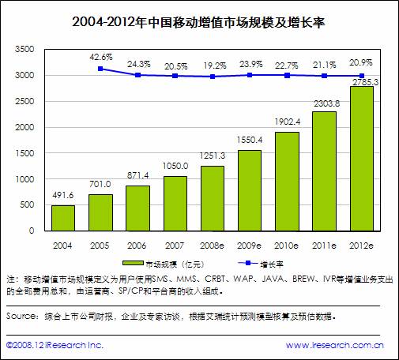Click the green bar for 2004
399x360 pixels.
(x=63, y=218)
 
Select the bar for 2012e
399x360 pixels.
(x=362, y=159)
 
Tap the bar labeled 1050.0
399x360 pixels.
(x=175, y=204)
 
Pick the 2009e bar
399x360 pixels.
(x=250, y=191)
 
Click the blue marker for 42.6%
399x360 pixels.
(x=100, y=69)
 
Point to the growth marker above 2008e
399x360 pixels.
(x=213, y=77)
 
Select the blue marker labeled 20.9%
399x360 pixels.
(x=362, y=76)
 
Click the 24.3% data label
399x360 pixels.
(x=139, y=64)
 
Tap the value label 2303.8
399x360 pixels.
(x=326, y=103)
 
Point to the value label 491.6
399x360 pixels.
(x=63, y=195)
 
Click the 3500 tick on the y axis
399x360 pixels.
(x=24, y=49)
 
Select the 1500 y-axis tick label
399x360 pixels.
(x=24, y=153)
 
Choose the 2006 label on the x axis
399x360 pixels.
(x=137, y=246)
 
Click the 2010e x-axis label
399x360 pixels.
(x=287, y=246)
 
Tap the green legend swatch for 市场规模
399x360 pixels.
(x=133, y=263)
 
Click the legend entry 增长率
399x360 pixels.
(x=272, y=264)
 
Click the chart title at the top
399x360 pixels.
(x=198, y=22)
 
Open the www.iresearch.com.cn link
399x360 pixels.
(x=335, y=345)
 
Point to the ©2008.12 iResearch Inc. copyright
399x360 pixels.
(x=55, y=345)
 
